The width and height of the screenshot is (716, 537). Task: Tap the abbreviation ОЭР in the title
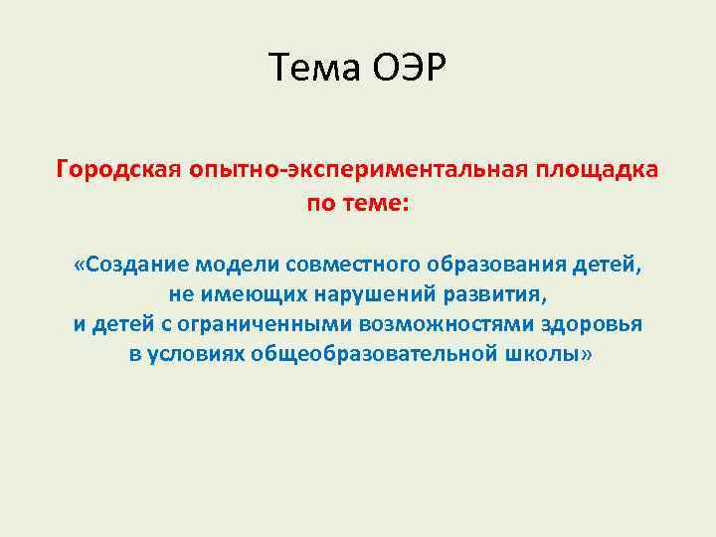point(409,69)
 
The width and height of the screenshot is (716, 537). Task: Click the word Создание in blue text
point(137,267)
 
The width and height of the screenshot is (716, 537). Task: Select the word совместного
point(354,267)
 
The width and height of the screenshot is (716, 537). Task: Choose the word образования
point(497,267)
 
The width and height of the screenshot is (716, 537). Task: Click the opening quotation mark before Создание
point(79,267)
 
